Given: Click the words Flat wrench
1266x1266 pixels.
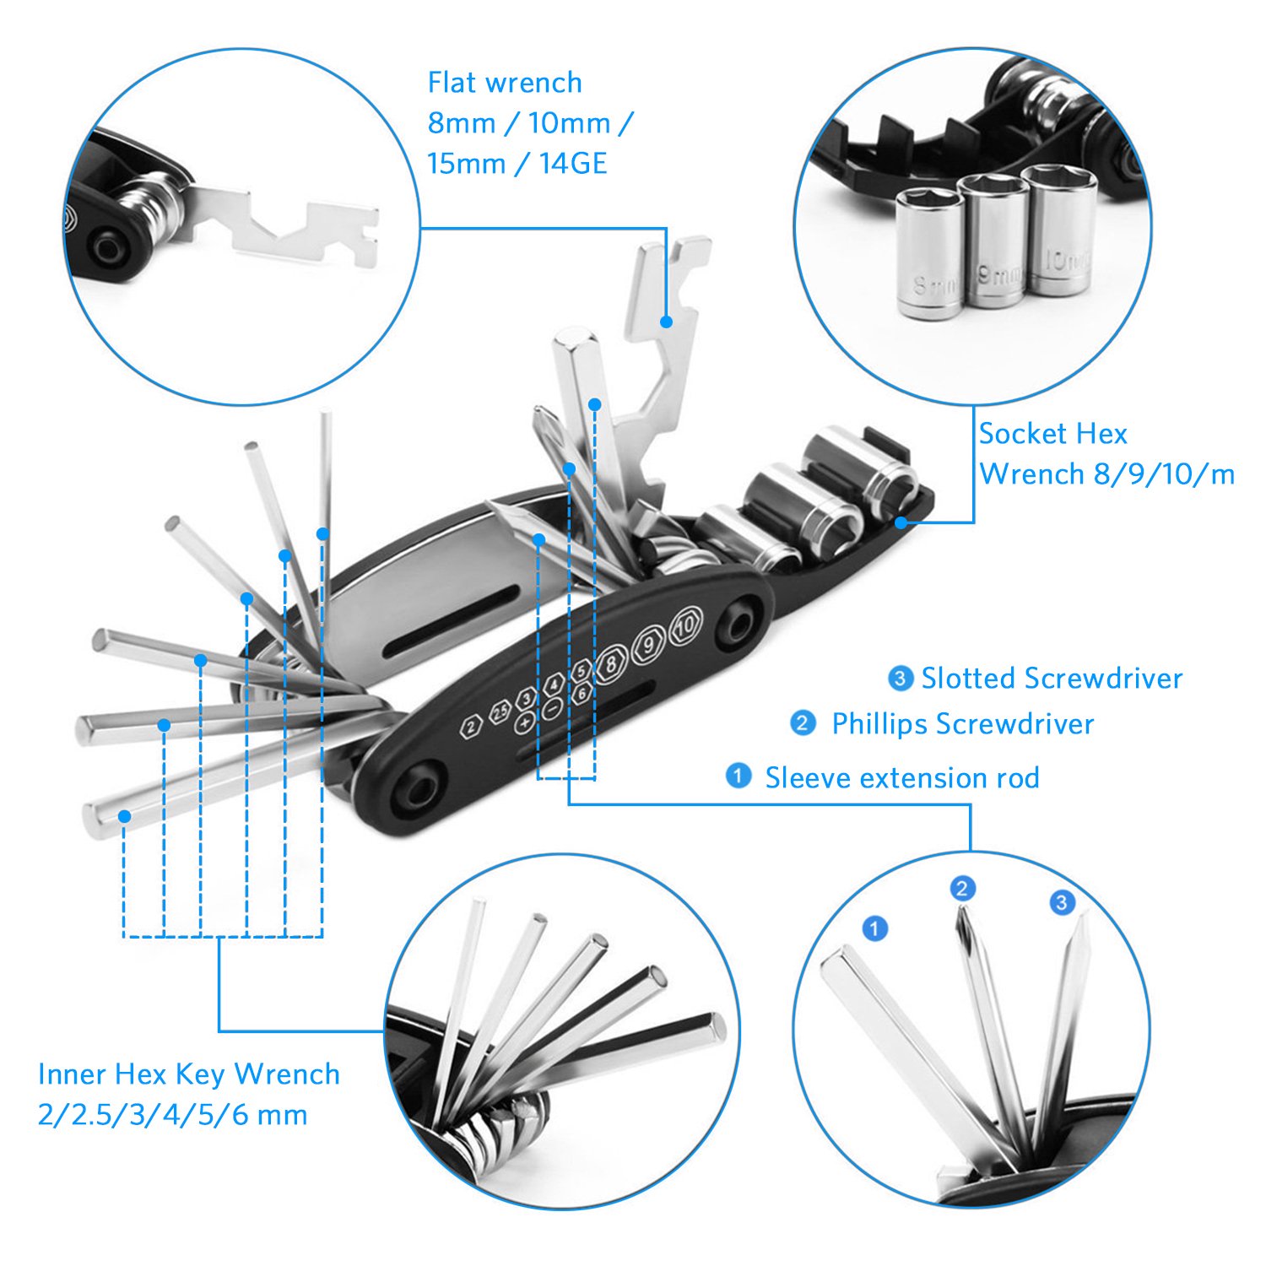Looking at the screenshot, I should (x=505, y=83).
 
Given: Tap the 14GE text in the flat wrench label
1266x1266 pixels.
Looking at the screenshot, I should (x=573, y=163).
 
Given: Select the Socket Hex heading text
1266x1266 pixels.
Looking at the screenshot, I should (x=1052, y=434).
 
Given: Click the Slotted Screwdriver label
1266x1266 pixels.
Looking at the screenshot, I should (x=1052, y=679).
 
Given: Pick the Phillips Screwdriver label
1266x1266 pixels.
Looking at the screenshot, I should (x=962, y=724).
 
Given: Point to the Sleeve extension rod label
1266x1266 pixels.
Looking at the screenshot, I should (x=901, y=778).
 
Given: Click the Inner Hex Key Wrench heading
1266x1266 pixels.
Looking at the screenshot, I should (x=189, y=1074).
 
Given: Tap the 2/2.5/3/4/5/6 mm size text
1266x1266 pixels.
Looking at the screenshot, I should (x=172, y=1115).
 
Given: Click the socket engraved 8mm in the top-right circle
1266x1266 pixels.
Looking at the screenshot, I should (x=929, y=253).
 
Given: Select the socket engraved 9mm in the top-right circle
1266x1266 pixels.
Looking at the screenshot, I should (x=997, y=241).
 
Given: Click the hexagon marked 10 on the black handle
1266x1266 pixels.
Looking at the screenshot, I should (x=685, y=626).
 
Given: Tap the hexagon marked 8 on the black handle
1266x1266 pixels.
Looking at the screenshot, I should (x=612, y=664).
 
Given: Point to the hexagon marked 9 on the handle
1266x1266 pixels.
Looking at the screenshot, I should (x=649, y=645).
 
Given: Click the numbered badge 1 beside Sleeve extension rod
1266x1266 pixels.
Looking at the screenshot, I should (x=738, y=776).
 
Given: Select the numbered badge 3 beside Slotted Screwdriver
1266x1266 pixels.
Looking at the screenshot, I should (x=901, y=678).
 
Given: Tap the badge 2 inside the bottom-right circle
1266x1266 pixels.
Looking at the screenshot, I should (x=962, y=888).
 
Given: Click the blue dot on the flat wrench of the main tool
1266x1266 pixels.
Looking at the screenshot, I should (x=666, y=322).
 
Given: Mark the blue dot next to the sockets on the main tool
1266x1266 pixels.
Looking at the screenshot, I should (x=901, y=522).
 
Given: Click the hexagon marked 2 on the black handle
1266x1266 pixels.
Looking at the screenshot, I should (x=471, y=725).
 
